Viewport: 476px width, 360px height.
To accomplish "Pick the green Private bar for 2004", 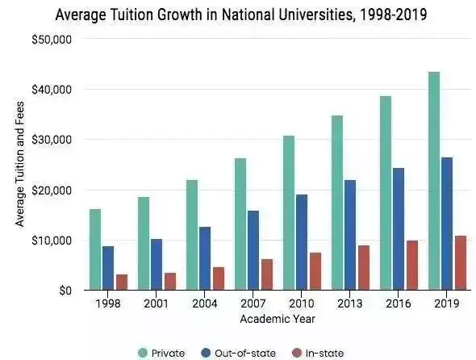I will click(x=192, y=234).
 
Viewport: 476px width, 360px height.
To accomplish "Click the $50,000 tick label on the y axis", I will click(x=51, y=40).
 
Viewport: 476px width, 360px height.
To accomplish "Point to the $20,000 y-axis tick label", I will click(x=51, y=190).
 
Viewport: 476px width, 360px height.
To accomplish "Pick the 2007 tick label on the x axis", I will click(x=253, y=303).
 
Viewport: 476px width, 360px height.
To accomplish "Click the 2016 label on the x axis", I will click(x=398, y=303).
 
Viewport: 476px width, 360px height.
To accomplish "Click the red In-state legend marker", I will click(x=295, y=353).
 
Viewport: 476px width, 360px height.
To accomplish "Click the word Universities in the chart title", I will click(x=303, y=15).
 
